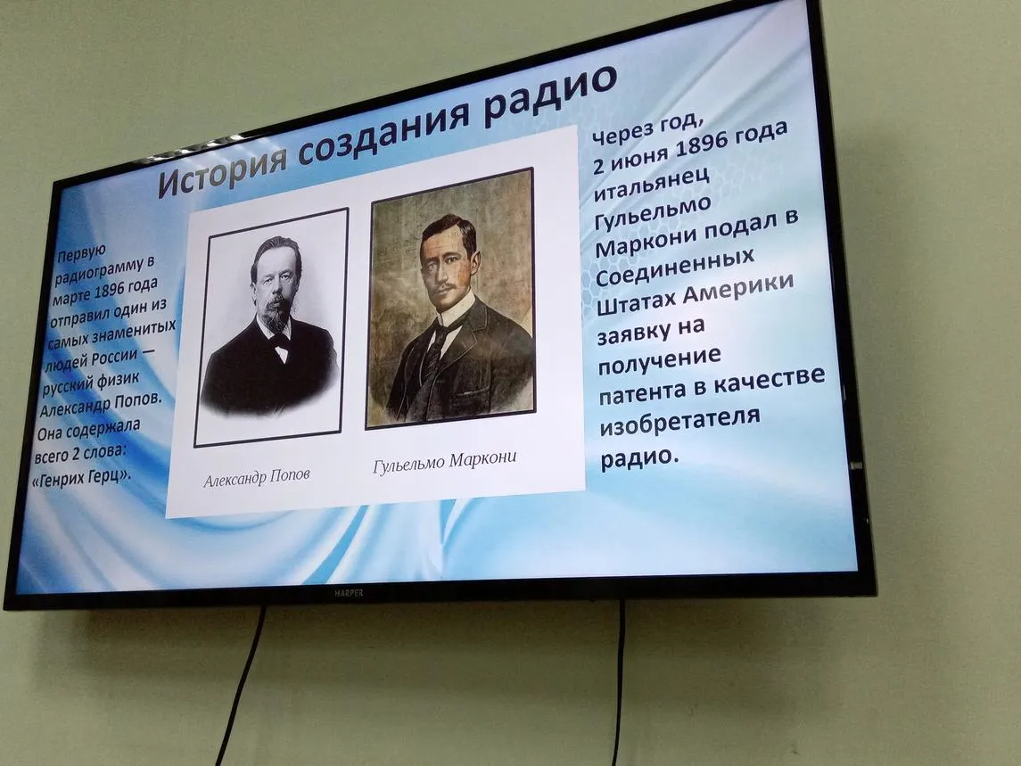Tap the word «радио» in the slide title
point(552,91)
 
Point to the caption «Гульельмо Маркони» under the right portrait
point(445,460)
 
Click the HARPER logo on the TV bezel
point(349,593)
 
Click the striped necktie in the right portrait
point(432,352)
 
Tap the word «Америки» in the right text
point(738,289)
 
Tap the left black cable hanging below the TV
point(241,684)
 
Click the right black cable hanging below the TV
point(619,683)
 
